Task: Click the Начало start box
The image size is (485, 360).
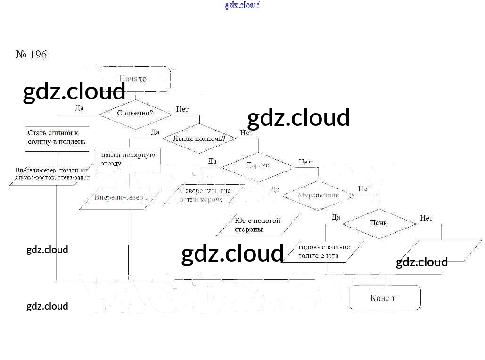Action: pos(134,79)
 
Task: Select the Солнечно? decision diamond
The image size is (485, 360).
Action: pos(135,114)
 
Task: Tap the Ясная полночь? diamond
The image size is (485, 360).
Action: pos(198,139)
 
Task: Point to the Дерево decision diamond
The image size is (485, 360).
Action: pos(258,166)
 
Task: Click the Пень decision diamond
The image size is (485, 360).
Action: pos(378,223)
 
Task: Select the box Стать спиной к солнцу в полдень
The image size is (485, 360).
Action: pos(57,138)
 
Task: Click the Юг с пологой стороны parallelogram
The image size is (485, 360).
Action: pos(258,225)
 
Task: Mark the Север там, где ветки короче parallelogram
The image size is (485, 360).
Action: pos(203,196)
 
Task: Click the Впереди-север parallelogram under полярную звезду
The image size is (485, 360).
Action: pos(121,198)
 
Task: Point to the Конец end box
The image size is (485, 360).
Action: pos(385,298)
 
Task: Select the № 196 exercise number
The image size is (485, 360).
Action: pos(32,55)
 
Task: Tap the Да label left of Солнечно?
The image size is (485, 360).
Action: pos(79,108)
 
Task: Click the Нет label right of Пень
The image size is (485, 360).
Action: pos(426,218)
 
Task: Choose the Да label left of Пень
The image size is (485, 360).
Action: pos(336,217)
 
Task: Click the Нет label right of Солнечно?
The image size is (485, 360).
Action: pos(182,109)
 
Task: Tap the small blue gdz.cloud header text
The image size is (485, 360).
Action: pos(242,6)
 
